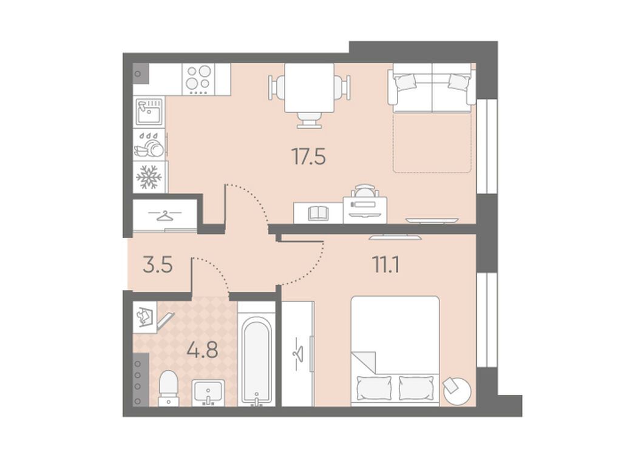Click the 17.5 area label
pyautogui.click(x=308, y=156)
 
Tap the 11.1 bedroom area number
pyautogui.click(x=385, y=265)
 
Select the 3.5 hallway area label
pyautogui.click(x=158, y=265)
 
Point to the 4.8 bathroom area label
pyautogui.click(x=202, y=349)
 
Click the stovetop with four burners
pyautogui.click(x=199, y=79)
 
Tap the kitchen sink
pyautogui.click(x=149, y=112)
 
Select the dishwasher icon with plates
pyautogui.click(x=149, y=144)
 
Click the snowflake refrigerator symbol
pyautogui.click(x=149, y=177)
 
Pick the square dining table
pyautogui.click(x=310, y=87)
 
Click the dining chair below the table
pyautogui.click(x=310, y=120)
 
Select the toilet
pyautogui.click(x=169, y=388)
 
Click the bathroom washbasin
pyautogui.click(x=208, y=393)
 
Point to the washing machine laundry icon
pyautogui.click(x=144, y=317)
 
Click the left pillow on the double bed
pyautogui.click(x=375, y=388)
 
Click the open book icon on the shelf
pyautogui.click(x=319, y=212)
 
